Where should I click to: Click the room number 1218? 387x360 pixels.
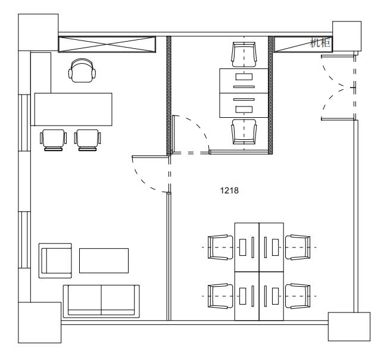pyautogui.click(x=229, y=190)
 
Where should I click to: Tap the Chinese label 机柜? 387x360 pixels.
pyautogui.click(x=320, y=43)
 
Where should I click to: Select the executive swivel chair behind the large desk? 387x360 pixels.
pyautogui.click(x=82, y=71)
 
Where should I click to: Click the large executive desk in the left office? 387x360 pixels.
pyautogui.click(x=73, y=109)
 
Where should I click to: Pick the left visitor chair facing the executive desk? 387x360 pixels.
pyautogui.click(x=54, y=140)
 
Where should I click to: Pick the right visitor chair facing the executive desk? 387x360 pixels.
pyautogui.click(x=88, y=140)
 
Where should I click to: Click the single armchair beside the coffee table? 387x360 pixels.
pyautogui.click(x=55, y=261)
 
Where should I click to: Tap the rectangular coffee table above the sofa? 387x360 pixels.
pyautogui.click(x=104, y=261)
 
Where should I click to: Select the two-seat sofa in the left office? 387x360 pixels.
pyautogui.click(x=101, y=301)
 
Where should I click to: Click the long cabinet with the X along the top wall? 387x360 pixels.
pyautogui.click(x=107, y=45)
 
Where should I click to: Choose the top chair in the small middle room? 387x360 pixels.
pyautogui.click(x=244, y=55)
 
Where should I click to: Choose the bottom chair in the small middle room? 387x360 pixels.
pyautogui.click(x=244, y=132)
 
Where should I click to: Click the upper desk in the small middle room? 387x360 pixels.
pyautogui.click(x=244, y=81)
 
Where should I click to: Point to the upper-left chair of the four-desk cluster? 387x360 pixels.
pyautogui.click(x=220, y=247)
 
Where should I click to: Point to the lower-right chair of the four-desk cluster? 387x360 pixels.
pyautogui.click(x=298, y=296)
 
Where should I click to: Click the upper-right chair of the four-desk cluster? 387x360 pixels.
pyautogui.click(x=298, y=247)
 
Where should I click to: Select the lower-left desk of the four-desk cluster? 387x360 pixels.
pyautogui.click(x=247, y=296)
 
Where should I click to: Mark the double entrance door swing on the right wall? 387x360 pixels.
pyautogui.click(x=333, y=87)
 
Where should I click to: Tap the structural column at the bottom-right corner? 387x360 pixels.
pyautogui.click(x=349, y=327)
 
